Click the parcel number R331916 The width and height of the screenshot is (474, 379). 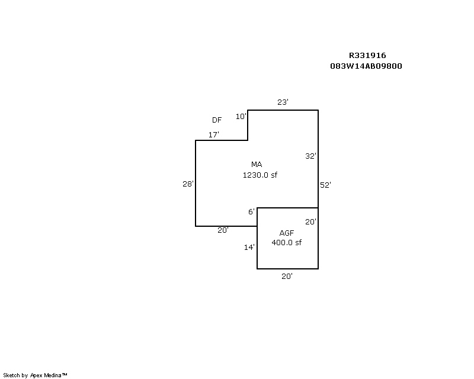367,55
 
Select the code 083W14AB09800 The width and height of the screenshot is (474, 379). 366,66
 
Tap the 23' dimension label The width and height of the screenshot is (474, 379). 283,102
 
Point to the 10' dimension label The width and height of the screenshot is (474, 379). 241,116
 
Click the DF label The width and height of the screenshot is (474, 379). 217,120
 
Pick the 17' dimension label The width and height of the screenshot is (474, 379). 214,134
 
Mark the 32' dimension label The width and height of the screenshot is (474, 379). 310,156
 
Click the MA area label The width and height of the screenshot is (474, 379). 257,165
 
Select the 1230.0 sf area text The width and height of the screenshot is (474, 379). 260,175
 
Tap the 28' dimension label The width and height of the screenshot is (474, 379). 188,184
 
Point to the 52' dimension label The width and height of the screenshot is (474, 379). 325,185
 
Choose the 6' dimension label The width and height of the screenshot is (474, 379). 251,211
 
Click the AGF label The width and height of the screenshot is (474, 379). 287,233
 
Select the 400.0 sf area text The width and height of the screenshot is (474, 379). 287,242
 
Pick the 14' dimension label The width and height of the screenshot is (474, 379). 249,247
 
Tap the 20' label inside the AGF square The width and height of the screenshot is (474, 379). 310,222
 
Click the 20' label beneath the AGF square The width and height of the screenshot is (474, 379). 287,276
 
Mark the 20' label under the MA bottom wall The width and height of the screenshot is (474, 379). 223,230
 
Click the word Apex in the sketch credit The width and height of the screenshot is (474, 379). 36,375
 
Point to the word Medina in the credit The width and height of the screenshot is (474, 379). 53,375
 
